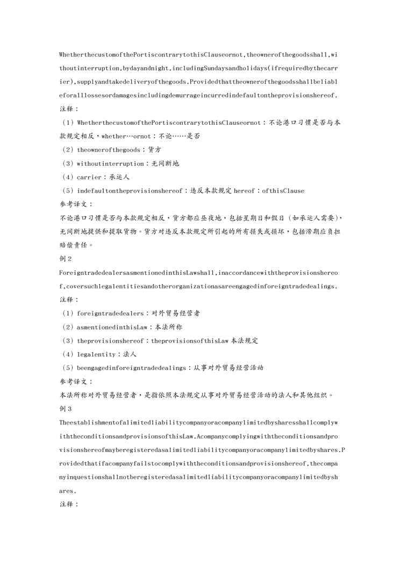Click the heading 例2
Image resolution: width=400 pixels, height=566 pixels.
click(x=66, y=259)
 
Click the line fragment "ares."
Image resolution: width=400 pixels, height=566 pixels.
click(x=67, y=491)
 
